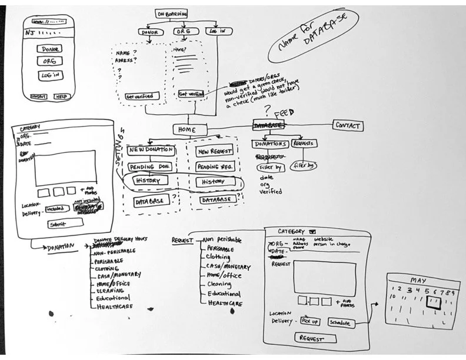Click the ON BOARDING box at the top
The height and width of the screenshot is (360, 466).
tap(172, 14)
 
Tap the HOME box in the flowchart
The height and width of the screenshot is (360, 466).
tap(191, 129)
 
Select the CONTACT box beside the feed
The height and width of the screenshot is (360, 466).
tap(347, 125)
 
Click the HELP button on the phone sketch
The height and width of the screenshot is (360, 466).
tap(61, 96)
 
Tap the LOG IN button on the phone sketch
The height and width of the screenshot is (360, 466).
tap(48, 75)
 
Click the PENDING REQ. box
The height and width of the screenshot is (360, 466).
tap(214, 167)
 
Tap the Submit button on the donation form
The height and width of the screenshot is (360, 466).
tap(58, 224)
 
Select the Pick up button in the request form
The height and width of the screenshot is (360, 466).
tap(310, 321)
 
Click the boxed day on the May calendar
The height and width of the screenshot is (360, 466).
tap(434, 301)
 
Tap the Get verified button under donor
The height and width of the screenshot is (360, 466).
tap(139, 95)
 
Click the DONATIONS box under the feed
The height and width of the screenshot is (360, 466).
tap(269, 144)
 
